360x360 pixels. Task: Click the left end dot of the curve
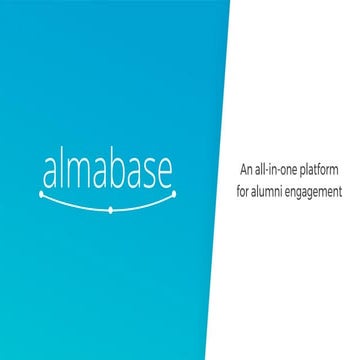click(x=42, y=196)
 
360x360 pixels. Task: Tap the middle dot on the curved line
click(x=108, y=212)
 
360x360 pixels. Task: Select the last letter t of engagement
click(x=340, y=187)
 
